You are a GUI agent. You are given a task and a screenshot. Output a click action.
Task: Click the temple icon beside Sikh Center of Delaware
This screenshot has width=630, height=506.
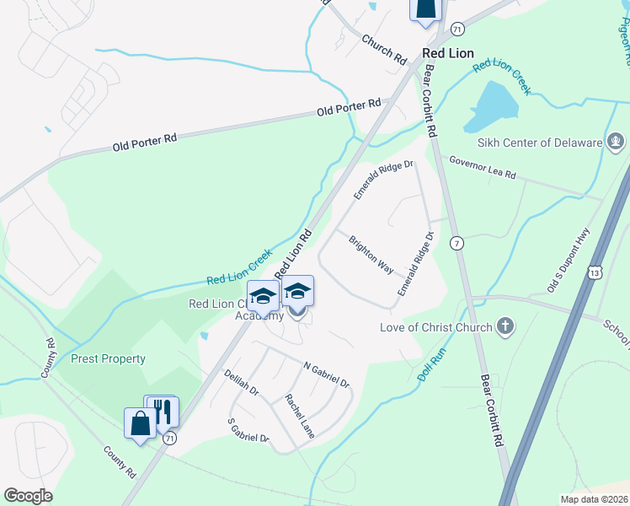[616, 142]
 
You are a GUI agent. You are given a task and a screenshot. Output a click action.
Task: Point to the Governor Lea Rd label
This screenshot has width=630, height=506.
[482, 167]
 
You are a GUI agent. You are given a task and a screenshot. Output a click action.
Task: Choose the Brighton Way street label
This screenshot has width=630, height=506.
[371, 254]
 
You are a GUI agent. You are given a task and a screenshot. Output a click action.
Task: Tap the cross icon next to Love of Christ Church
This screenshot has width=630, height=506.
[505, 327]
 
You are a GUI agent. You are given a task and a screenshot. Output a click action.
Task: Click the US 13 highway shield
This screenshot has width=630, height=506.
[595, 272]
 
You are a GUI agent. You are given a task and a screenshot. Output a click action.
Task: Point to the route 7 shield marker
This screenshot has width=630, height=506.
[456, 243]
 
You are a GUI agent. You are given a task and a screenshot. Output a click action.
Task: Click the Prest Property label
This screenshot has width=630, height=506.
[108, 358]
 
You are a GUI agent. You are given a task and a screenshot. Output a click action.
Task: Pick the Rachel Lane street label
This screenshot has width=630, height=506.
[299, 416]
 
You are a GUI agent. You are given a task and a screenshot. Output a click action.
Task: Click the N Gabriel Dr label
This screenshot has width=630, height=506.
[326, 375]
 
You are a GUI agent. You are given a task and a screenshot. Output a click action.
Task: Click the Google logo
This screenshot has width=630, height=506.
[28, 496]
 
